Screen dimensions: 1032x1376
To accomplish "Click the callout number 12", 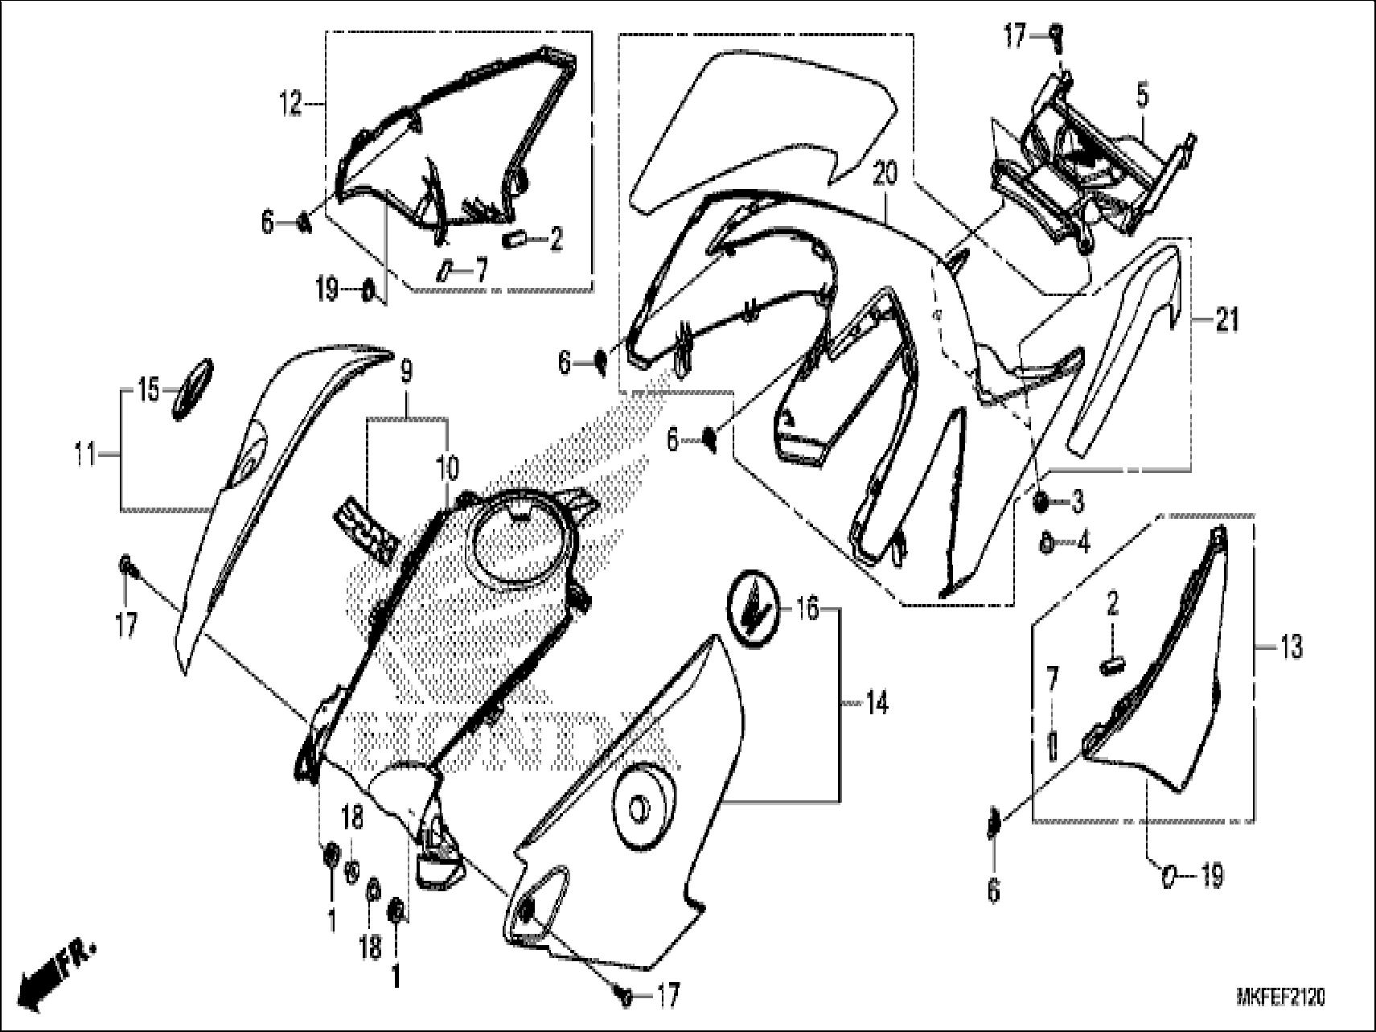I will [x=290, y=104].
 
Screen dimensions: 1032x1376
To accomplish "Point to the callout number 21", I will [x=1226, y=321].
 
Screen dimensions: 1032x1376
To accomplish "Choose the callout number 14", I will [x=877, y=705].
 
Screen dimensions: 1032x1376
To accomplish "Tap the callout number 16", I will [x=807, y=610].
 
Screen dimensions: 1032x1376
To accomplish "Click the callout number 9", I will [x=406, y=372].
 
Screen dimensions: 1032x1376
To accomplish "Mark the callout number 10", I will [x=447, y=467].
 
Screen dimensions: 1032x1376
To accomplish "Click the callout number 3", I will [x=1078, y=503].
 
